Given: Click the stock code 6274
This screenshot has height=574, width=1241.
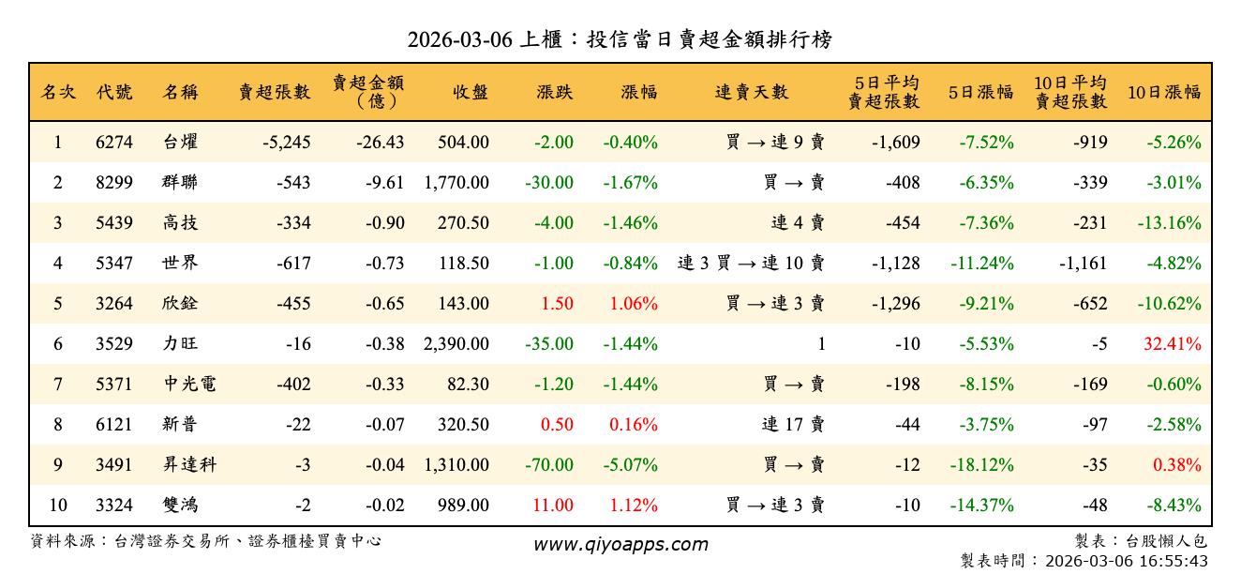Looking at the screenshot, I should (114, 143).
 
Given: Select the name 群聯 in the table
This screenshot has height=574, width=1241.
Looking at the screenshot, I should (179, 183).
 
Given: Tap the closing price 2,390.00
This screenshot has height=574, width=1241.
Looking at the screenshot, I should (456, 344).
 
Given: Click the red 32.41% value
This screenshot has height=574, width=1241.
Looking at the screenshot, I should (1172, 344).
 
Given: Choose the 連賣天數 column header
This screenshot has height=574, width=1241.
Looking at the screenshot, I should (752, 92).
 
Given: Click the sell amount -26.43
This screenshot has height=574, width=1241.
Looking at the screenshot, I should (381, 143).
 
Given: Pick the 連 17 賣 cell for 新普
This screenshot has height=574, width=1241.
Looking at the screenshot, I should (793, 425).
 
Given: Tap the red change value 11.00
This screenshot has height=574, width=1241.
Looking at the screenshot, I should (553, 506).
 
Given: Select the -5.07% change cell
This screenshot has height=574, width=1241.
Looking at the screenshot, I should (631, 465).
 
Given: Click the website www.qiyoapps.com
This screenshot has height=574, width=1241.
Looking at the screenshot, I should (620, 545).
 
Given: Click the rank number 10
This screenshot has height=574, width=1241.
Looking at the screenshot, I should (58, 506).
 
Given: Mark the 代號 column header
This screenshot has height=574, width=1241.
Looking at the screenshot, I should (114, 92).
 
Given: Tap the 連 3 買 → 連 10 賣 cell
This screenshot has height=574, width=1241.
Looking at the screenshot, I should (751, 264).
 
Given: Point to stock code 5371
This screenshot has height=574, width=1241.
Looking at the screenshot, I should (114, 385).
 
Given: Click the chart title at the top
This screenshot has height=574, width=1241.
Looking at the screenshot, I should (620, 40).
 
